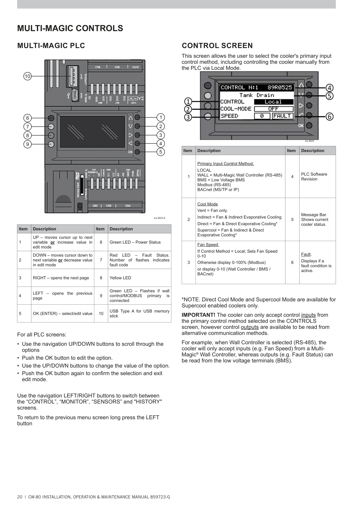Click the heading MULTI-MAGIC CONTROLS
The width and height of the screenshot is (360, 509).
click(70, 28)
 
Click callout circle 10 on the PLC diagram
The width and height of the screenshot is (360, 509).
click(28, 76)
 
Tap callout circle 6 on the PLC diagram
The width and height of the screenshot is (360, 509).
click(28, 118)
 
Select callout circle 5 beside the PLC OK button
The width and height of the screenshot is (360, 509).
click(161, 152)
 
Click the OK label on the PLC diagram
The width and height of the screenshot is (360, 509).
click(130, 152)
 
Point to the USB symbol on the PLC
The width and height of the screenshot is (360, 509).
click(68, 96)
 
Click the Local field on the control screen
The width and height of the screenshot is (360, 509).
click(274, 102)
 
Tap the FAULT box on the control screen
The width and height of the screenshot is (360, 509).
click(282, 116)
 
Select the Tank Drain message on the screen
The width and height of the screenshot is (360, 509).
click(256, 95)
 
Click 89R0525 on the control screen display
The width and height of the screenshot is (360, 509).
click(280, 88)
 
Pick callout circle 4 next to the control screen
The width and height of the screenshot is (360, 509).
click(329, 88)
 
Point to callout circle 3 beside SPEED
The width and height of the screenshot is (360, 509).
click(188, 117)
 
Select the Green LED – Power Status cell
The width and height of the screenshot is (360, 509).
click(135, 242)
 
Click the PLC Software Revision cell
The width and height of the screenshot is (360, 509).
click(314, 177)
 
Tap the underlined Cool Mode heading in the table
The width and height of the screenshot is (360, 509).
click(207, 204)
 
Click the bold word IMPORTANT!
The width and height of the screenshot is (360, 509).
click(198, 315)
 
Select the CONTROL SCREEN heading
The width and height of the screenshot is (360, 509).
click(217, 46)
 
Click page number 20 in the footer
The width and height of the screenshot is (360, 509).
click(20, 497)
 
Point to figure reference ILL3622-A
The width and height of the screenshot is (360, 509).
click(159, 218)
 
